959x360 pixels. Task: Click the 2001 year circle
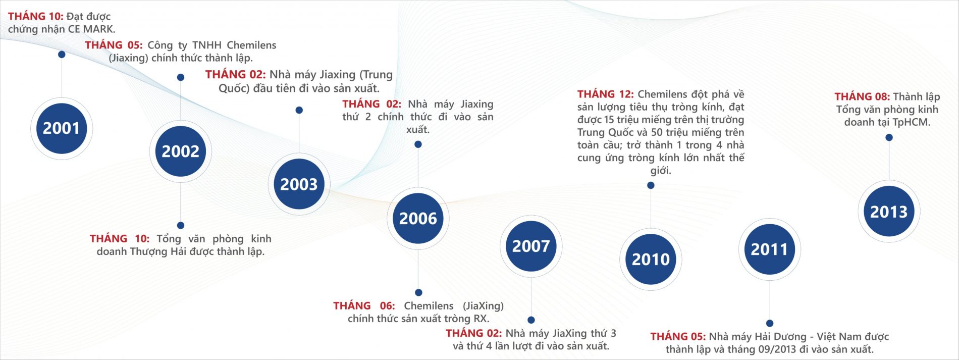tap(62, 128)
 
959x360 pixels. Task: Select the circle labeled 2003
tap(299, 184)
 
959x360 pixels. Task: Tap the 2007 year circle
tap(531, 246)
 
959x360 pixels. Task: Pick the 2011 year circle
tap(769, 249)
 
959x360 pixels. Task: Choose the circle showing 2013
tap(889, 212)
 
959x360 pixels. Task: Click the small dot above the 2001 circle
tap(62, 54)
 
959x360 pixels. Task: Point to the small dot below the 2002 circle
tap(181, 225)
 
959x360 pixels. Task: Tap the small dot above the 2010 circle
tap(651, 185)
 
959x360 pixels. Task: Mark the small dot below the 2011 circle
tap(770, 323)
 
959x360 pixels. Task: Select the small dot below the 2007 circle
tap(531, 320)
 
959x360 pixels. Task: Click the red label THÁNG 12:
tap(606, 94)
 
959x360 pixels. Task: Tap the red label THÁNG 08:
tap(862, 96)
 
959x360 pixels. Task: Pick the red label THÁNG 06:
tap(364, 306)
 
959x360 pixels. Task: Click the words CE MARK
tap(91, 29)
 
